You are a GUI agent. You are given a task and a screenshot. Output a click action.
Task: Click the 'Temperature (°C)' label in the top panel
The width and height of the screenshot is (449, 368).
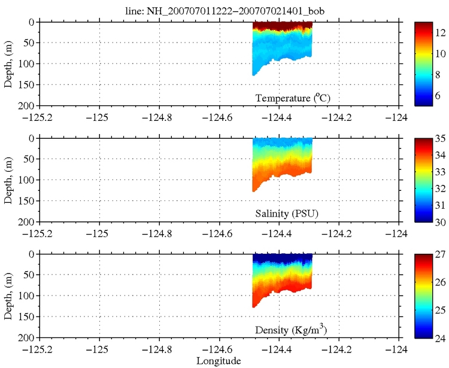pyautogui.click(x=293, y=98)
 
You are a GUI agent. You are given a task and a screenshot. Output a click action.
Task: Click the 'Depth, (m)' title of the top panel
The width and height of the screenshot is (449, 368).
pyautogui.click(x=8, y=64)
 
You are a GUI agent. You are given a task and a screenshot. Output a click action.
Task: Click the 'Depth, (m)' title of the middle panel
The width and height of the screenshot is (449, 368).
pyautogui.click(x=8, y=180)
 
